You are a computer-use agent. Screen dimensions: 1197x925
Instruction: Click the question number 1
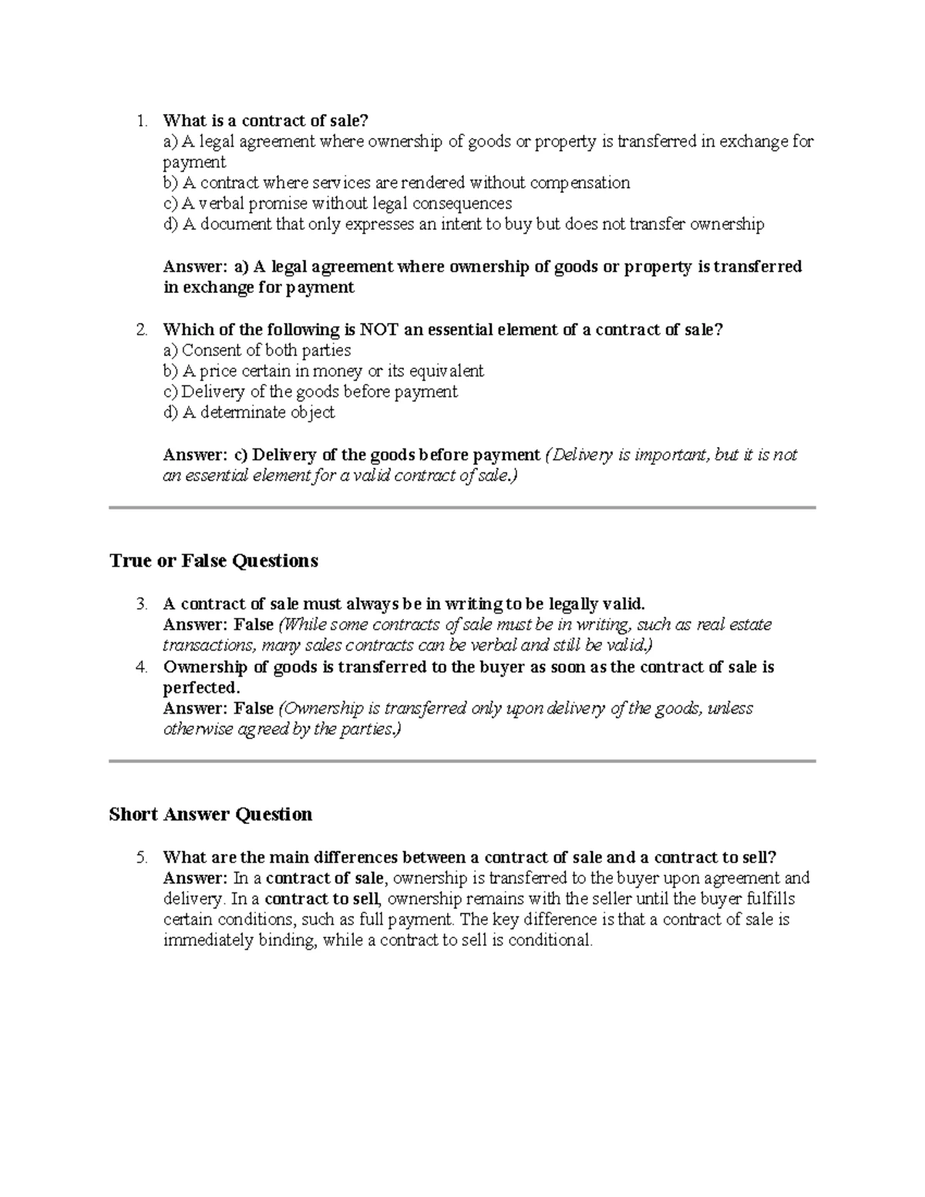140,121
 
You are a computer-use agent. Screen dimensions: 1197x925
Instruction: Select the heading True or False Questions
214,560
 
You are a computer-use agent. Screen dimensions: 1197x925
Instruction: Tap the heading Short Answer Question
210,815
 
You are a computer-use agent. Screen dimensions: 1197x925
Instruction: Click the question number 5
140,858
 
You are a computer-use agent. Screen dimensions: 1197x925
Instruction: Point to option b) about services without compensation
396,183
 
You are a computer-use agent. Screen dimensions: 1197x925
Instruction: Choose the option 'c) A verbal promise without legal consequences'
337,203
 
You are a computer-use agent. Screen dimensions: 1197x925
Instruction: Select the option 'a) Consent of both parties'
257,351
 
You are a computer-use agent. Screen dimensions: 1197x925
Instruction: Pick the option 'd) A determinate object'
248,412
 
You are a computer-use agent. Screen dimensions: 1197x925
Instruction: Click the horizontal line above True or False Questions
462,508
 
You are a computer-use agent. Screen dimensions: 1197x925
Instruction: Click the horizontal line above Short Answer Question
462,761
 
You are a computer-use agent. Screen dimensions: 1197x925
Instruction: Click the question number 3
140,604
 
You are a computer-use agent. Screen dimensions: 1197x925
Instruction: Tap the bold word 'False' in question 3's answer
254,624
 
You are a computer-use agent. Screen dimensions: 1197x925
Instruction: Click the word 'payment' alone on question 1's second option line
194,163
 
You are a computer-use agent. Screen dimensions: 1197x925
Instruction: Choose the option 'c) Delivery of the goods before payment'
310,392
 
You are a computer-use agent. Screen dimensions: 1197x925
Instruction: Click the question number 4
140,667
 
